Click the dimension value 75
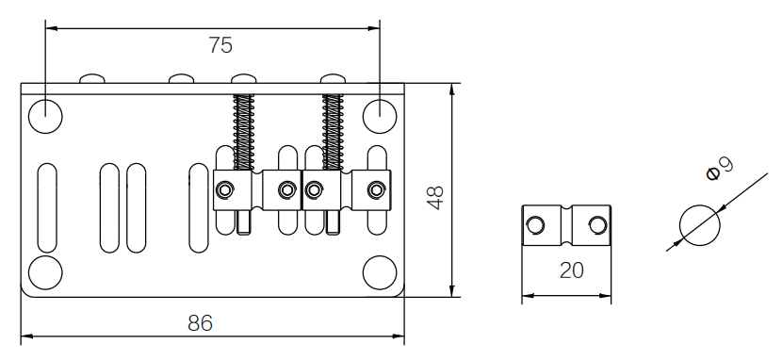220,45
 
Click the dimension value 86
200,323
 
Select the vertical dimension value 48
435,198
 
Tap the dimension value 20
571,270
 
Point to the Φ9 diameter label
720,168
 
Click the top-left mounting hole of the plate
45,116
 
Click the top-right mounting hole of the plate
380,116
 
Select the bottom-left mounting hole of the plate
45,272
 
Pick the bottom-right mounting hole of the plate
380,272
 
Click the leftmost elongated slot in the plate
47,208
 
